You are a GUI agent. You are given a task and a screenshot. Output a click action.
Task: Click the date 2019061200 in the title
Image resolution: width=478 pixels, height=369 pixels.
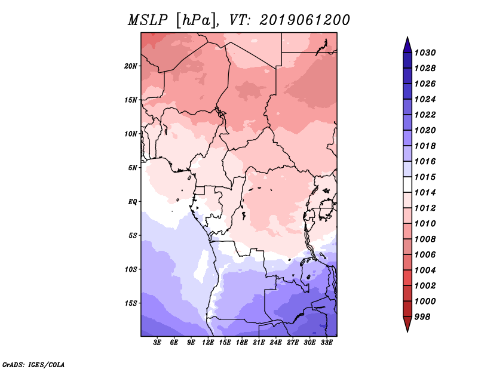pos(305,20)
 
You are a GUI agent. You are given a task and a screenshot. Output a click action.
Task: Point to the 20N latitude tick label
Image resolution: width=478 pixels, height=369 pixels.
pos(131,66)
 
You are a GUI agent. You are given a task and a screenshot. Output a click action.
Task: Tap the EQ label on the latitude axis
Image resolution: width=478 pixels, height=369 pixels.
pos(133,201)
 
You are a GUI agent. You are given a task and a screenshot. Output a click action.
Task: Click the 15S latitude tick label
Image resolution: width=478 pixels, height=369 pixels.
pos(131,303)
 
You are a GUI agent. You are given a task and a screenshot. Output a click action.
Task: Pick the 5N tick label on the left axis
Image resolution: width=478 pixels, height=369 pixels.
pos(133,167)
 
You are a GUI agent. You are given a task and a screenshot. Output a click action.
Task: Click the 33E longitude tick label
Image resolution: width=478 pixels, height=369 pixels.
pos(326,343)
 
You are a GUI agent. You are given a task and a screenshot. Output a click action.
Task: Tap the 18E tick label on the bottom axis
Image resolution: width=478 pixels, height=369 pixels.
pos(242,343)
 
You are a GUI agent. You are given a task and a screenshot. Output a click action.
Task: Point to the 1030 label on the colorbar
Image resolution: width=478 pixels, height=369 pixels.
pos(427,53)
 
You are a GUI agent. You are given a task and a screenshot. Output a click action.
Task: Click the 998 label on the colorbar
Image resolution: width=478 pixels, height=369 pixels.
pos(424,316)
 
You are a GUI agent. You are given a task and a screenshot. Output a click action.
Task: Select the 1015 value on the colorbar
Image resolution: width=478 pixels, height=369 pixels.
pos(427,177)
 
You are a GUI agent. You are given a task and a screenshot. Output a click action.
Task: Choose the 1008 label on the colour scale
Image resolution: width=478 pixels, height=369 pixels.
pos(427,239)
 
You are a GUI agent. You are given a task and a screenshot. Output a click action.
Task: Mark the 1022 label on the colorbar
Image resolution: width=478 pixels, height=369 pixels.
pos(427,115)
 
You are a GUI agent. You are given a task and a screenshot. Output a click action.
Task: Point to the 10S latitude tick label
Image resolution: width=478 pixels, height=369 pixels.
pos(131,269)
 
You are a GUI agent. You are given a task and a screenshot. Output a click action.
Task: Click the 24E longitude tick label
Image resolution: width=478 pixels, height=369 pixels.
pos(275,343)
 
